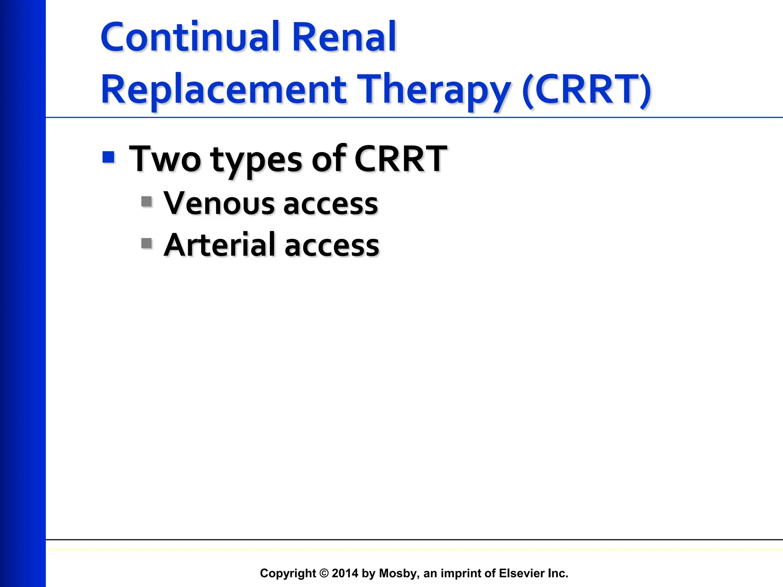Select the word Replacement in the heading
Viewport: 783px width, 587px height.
coord(224,90)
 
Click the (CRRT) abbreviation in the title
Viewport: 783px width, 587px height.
coord(586,90)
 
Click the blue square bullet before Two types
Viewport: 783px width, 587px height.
coord(109,157)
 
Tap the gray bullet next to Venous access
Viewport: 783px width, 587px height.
coord(146,201)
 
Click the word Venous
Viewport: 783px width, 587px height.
coord(218,203)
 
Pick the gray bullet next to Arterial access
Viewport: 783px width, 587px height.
coord(146,243)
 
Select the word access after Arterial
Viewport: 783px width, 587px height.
coord(331,246)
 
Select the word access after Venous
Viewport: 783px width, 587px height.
coord(331,205)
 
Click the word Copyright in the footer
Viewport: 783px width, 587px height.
coord(288,573)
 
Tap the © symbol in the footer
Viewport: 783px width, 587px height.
coord(324,573)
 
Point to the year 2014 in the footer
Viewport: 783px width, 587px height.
coord(345,573)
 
